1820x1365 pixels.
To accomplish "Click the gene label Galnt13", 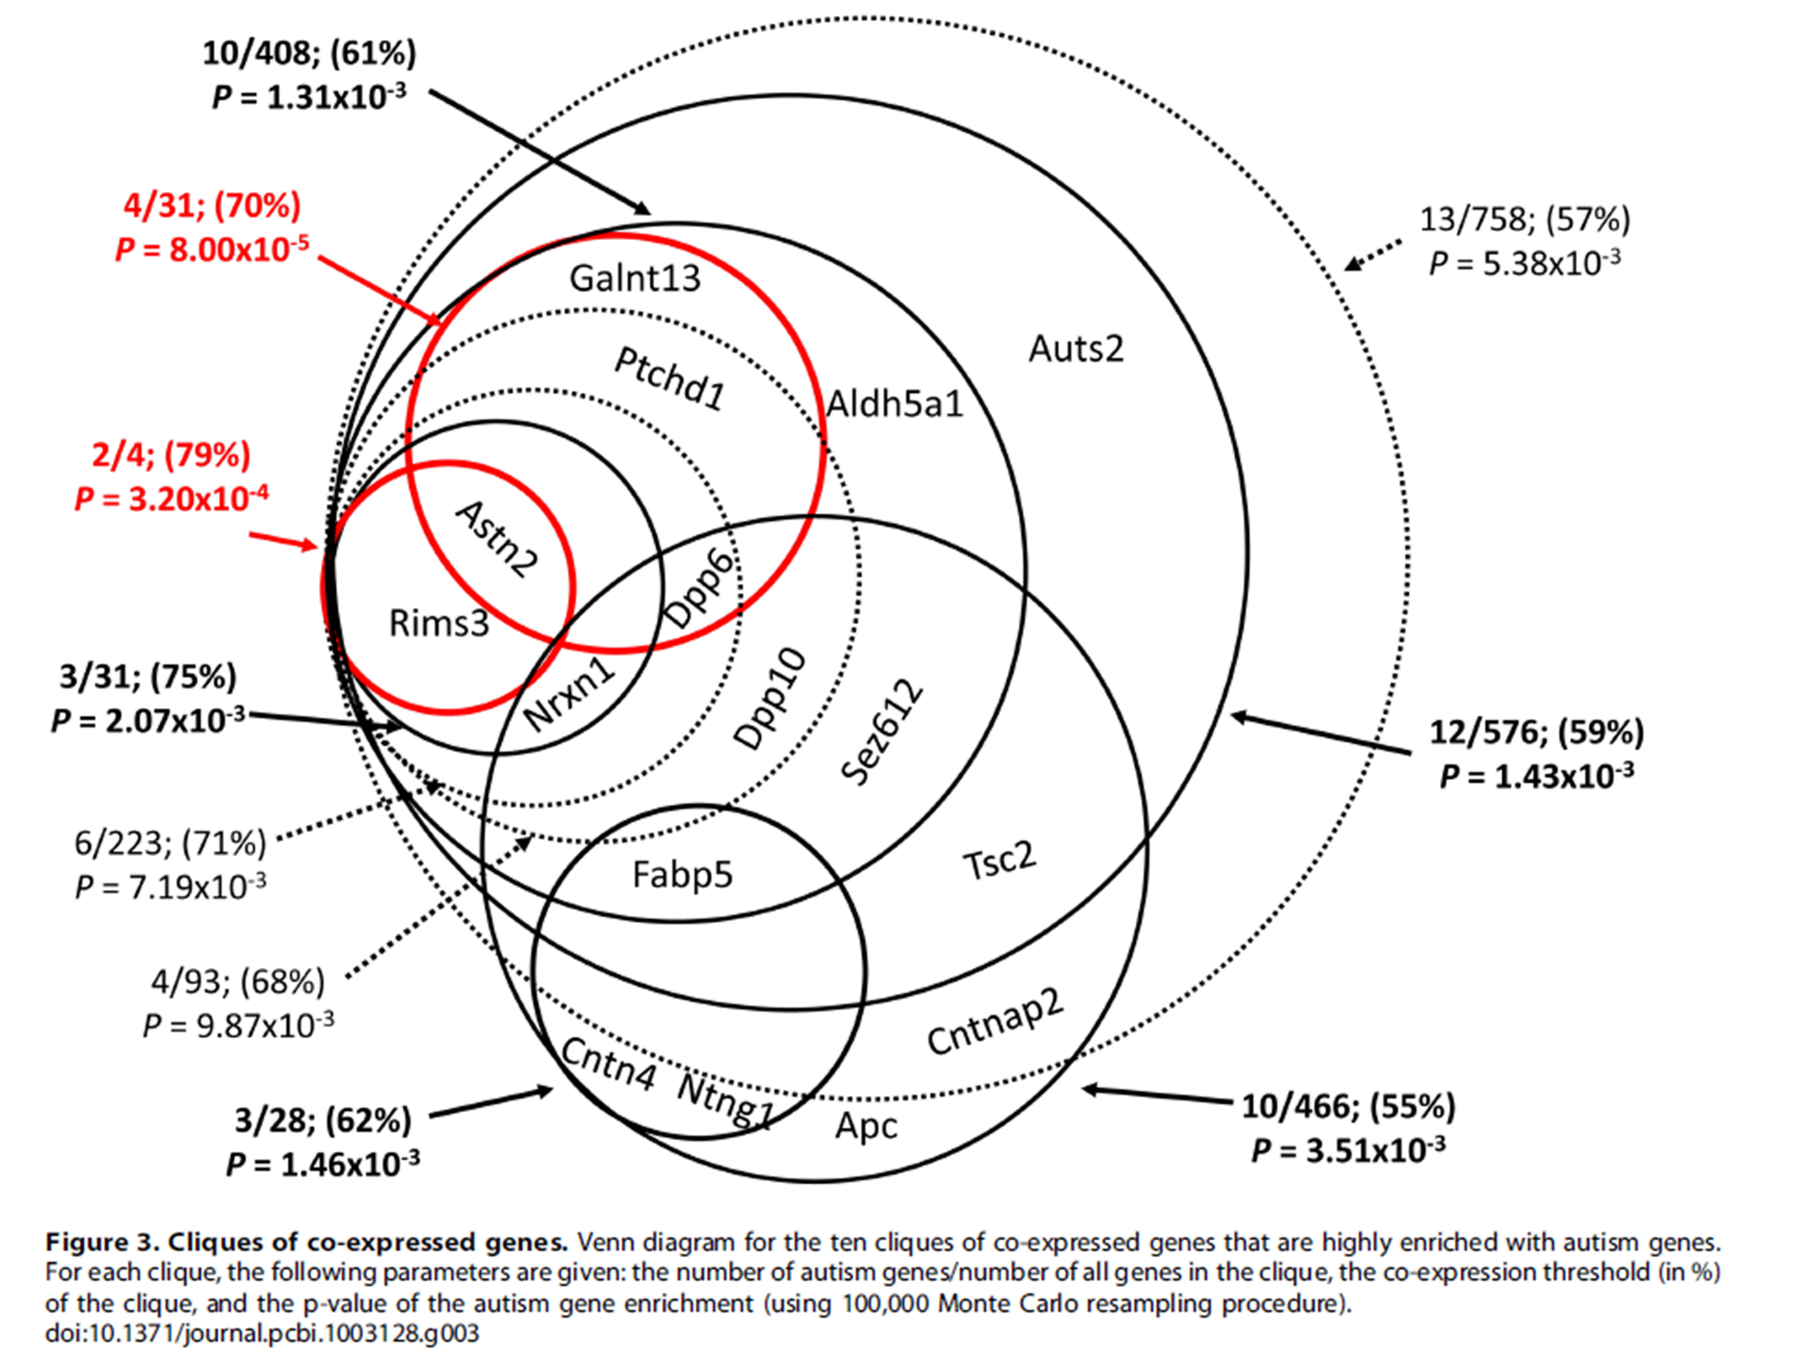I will (634, 279).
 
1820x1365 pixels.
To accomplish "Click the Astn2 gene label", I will (496, 539).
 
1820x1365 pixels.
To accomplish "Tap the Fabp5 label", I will (682, 875).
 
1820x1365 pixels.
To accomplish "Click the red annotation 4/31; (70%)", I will (212, 205).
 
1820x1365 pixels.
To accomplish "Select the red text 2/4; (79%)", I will (171, 455).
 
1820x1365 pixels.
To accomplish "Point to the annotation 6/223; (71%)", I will (170, 843).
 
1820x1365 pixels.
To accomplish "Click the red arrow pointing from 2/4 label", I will (283, 540).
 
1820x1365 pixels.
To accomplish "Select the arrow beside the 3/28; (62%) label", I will (491, 1104).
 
